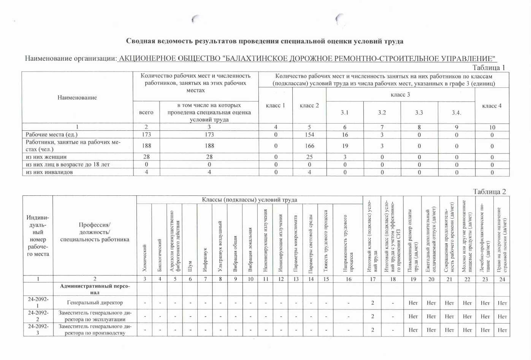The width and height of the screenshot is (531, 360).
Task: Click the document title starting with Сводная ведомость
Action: [x=265, y=41]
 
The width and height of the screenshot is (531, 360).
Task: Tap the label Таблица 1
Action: [x=489, y=68]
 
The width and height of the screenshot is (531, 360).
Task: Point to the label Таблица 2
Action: [x=490, y=192]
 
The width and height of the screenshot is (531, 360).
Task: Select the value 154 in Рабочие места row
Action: [x=309, y=135]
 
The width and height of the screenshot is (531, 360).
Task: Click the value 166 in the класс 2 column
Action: [x=309, y=146]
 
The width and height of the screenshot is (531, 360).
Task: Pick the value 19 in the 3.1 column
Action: [x=344, y=146]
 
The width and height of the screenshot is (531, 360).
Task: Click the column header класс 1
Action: [x=275, y=105]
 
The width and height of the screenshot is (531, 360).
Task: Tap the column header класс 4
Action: [x=492, y=106]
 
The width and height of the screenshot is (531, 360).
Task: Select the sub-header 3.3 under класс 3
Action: [x=419, y=113]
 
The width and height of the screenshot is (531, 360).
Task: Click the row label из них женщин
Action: [x=46, y=157]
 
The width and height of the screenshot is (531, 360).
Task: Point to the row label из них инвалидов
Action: [x=49, y=172]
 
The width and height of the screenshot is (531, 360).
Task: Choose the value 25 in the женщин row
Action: [x=309, y=157]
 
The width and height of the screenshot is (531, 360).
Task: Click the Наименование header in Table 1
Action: [x=77, y=98]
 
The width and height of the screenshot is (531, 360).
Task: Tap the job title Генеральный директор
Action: [x=95, y=303]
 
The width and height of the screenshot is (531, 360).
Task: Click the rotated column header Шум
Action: [x=190, y=266]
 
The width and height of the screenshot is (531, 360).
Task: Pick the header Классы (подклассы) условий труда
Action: [x=249, y=200]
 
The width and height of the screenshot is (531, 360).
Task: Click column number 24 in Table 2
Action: [x=502, y=279]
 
